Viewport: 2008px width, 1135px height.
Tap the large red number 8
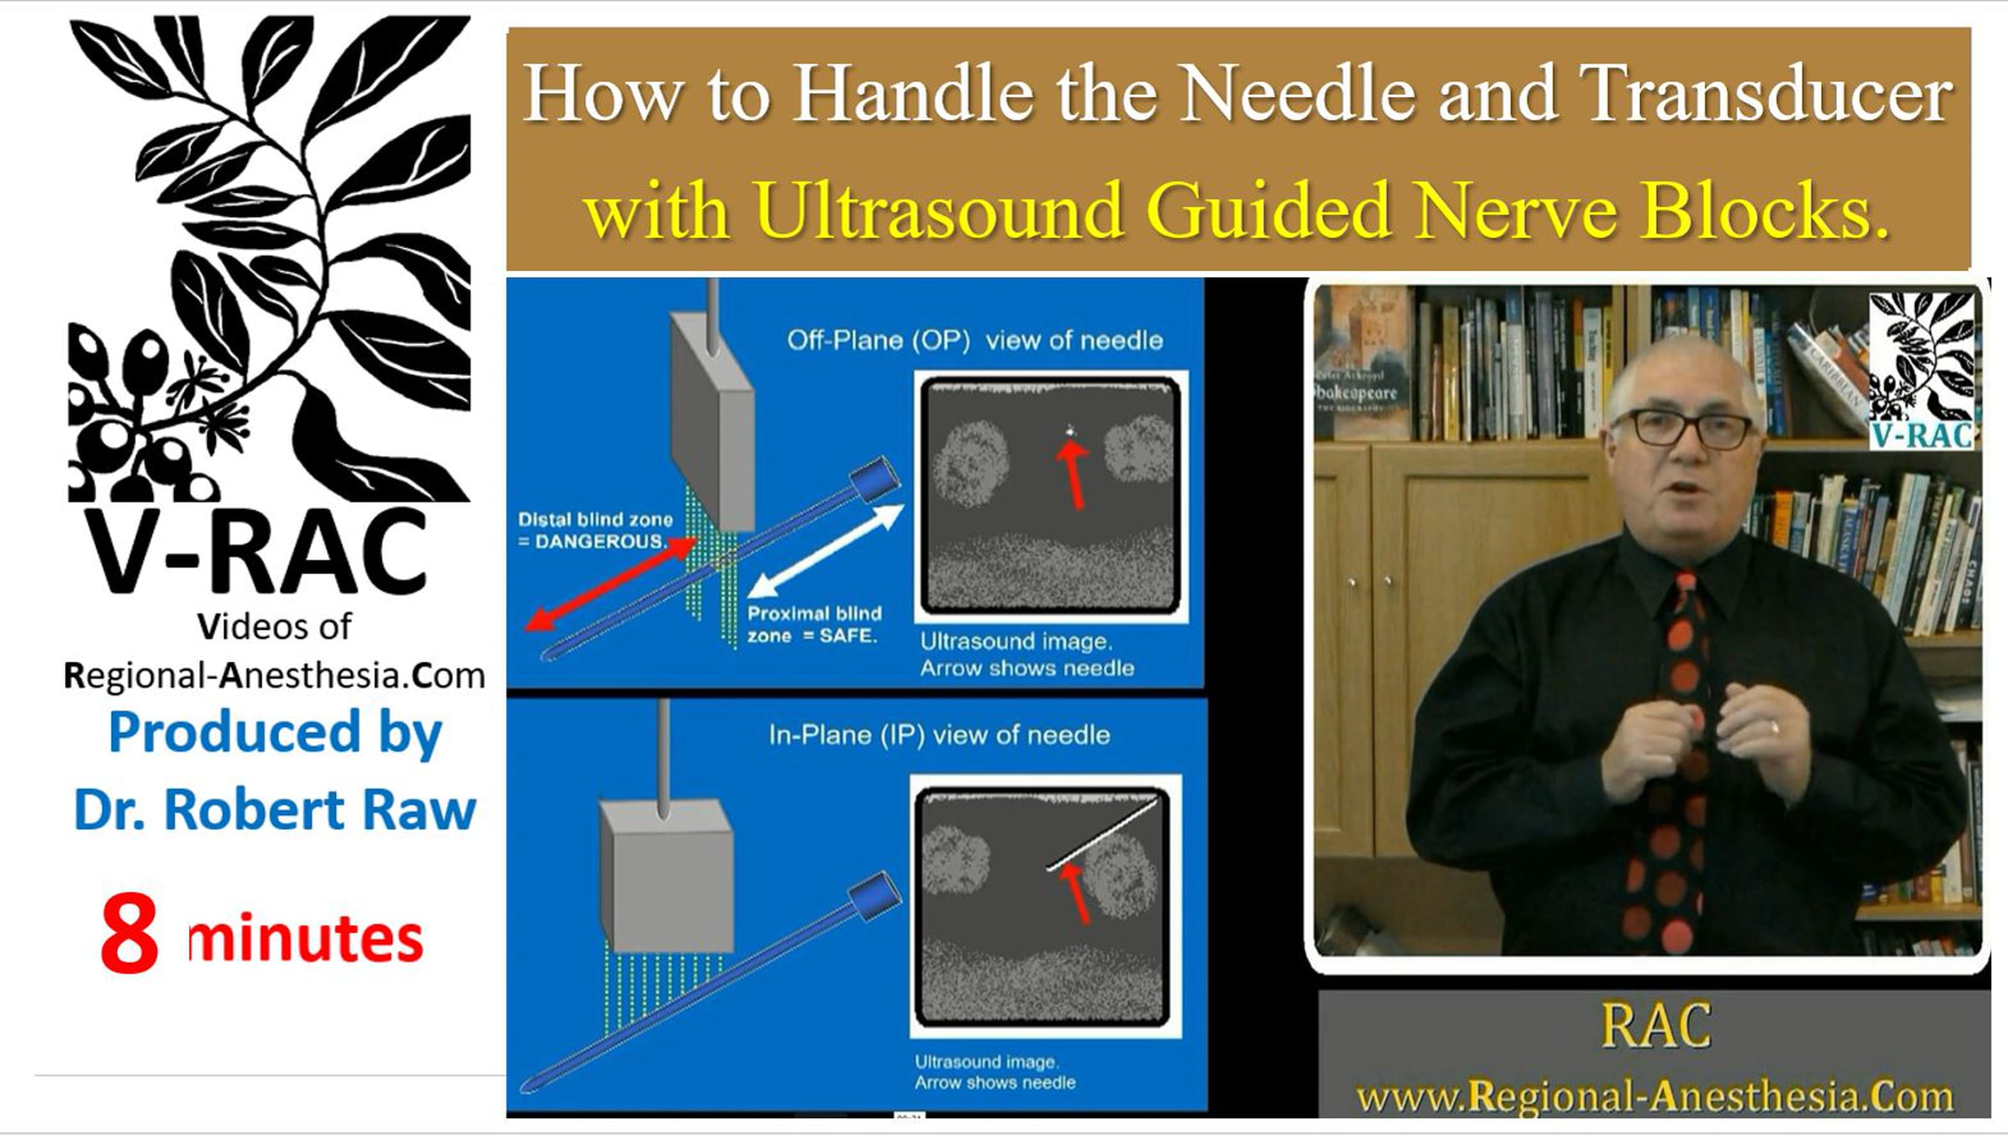pyautogui.click(x=130, y=933)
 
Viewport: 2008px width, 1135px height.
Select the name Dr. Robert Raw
pyautogui.click(x=274, y=810)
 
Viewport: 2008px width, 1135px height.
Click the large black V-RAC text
pyautogui.click(x=256, y=552)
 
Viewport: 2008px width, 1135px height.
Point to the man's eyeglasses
pyautogui.click(x=1682, y=427)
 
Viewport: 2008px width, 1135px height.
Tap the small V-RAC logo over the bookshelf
pyautogui.click(x=1922, y=371)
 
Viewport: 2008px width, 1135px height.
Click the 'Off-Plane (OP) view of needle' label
pyautogui.click(x=975, y=340)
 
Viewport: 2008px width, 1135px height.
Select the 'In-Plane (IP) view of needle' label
pyautogui.click(x=940, y=735)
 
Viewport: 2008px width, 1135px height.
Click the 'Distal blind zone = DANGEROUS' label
pyautogui.click(x=595, y=530)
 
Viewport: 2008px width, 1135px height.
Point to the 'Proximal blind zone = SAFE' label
pyautogui.click(x=814, y=625)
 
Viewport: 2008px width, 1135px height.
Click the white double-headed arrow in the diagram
pyautogui.click(x=825, y=551)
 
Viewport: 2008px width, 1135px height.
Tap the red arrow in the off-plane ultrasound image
pyautogui.click(x=1073, y=474)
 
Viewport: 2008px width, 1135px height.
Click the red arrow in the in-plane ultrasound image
pyautogui.click(x=1076, y=893)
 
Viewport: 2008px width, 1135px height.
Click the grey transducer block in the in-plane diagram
pyautogui.click(x=667, y=874)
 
